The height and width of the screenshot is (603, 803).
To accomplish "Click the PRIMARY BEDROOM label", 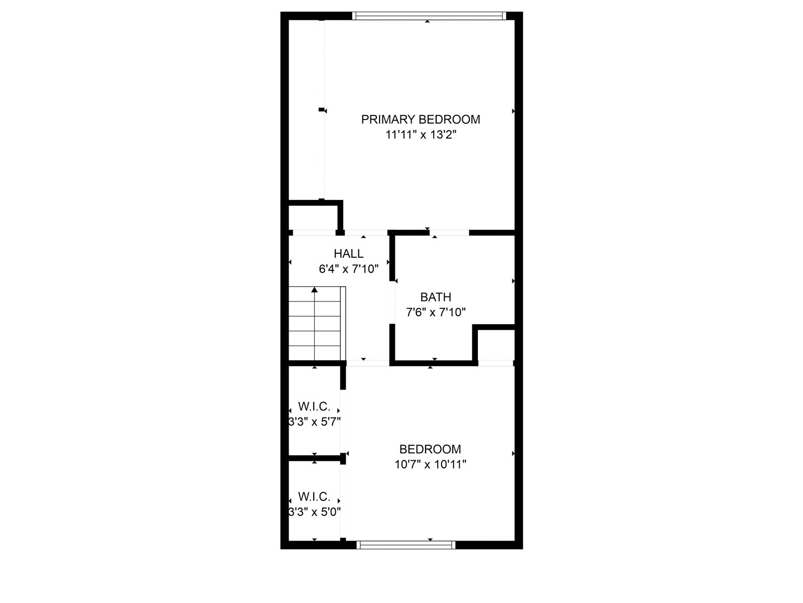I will tap(421, 120).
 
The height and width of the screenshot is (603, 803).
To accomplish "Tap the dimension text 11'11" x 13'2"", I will tap(421, 135).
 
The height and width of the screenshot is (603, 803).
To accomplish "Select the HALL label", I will tap(348, 254).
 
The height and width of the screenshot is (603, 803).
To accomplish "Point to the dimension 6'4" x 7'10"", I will tap(348, 269).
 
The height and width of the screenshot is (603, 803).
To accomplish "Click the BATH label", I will tap(436, 297).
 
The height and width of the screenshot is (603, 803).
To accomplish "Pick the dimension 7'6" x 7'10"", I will tap(436, 312).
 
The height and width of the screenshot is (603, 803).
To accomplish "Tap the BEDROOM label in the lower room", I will tap(430, 449).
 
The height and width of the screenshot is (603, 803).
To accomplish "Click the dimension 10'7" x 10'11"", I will tap(430, 464).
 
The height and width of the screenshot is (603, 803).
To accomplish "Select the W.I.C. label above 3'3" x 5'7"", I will tap(314, 406).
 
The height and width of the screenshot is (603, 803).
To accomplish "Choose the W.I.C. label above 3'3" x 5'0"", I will tap(314, 497).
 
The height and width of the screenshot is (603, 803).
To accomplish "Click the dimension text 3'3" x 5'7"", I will tap(314, 421).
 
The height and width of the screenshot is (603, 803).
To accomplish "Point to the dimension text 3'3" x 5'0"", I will tap(314, 512).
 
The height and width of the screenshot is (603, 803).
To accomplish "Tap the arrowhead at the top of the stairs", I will tap(314, 289).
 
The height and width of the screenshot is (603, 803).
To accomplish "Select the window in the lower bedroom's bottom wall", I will tap(406, 544).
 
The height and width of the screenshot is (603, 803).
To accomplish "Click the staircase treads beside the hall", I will tap(314, 324).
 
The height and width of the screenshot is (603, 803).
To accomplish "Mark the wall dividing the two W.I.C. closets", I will tap(315, 458).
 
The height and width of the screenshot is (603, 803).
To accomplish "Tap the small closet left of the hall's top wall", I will tap(312, 217).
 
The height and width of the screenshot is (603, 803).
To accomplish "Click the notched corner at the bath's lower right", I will tap(495, 343).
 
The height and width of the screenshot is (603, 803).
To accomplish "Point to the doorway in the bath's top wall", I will tap(450, 233).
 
